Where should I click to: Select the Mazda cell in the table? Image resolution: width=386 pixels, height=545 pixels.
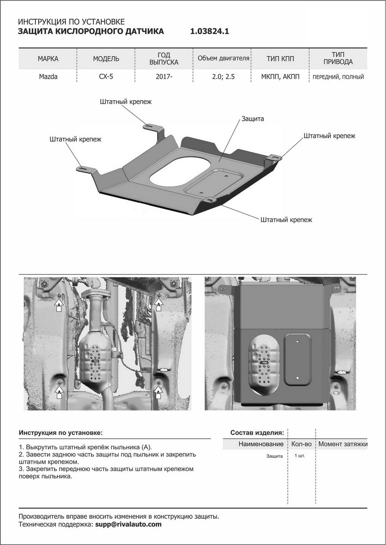click(48, 77)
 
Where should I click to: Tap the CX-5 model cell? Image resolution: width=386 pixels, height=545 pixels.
click(106, 77)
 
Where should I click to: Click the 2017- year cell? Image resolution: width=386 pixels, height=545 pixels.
click(164, 77)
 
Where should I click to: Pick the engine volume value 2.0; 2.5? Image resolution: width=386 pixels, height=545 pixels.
click(223, 77)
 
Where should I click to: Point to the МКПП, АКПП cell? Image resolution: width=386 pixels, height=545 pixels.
click(280, 77)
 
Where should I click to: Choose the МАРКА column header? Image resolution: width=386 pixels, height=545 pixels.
click(48, 59)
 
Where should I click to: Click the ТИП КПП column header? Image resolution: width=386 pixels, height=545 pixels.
click(280, 59)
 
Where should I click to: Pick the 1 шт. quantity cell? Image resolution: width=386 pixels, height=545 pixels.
click(300, 455)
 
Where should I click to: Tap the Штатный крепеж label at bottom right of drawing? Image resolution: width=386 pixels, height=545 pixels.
click(286, 219)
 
